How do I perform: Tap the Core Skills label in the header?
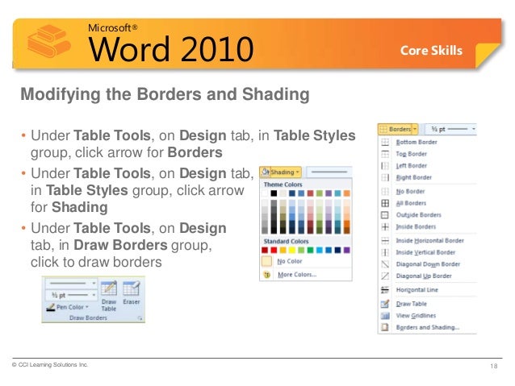point(431,51)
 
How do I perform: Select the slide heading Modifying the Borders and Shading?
point(165,95)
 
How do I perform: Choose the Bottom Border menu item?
point(417,143)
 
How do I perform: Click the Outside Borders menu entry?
point(418,215)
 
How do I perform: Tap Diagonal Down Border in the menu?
point(428,264)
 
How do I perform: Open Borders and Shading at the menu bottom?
point(428,328)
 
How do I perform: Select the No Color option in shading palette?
point(289,262)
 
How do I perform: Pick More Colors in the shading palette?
point(296,275)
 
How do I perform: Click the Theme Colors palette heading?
point(283,185)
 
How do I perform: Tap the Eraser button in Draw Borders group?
point(132,297)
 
